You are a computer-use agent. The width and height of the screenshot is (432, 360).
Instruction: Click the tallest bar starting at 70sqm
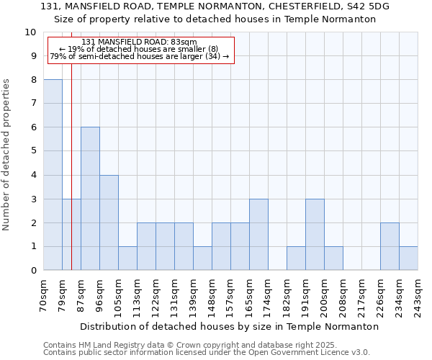(53, 175)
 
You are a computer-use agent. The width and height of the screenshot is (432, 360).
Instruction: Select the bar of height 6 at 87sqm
(90, 199)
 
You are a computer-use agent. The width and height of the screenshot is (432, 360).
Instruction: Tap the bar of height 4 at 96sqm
(109, 222)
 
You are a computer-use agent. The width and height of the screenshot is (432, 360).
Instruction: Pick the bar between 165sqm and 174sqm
(258, 235)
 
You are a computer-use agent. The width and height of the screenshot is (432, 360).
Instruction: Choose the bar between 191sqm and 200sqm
(315, 235)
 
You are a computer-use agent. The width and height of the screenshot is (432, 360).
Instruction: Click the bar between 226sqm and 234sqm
(390, 246)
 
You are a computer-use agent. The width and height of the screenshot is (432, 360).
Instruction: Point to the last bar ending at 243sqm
(408, 258)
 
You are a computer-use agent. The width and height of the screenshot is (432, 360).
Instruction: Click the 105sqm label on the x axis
(119, 293)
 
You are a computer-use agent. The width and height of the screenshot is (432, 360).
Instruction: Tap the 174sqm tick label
(269, 293)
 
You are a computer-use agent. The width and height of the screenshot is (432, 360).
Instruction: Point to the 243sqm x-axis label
(418, 293)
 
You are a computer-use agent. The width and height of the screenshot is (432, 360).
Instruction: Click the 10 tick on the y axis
(30, 32)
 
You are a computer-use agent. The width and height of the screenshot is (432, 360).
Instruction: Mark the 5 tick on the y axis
(33, 151)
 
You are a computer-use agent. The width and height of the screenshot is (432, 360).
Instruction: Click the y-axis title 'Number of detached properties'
(7, 155)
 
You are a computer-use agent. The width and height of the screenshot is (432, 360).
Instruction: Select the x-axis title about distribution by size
(229, 326)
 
